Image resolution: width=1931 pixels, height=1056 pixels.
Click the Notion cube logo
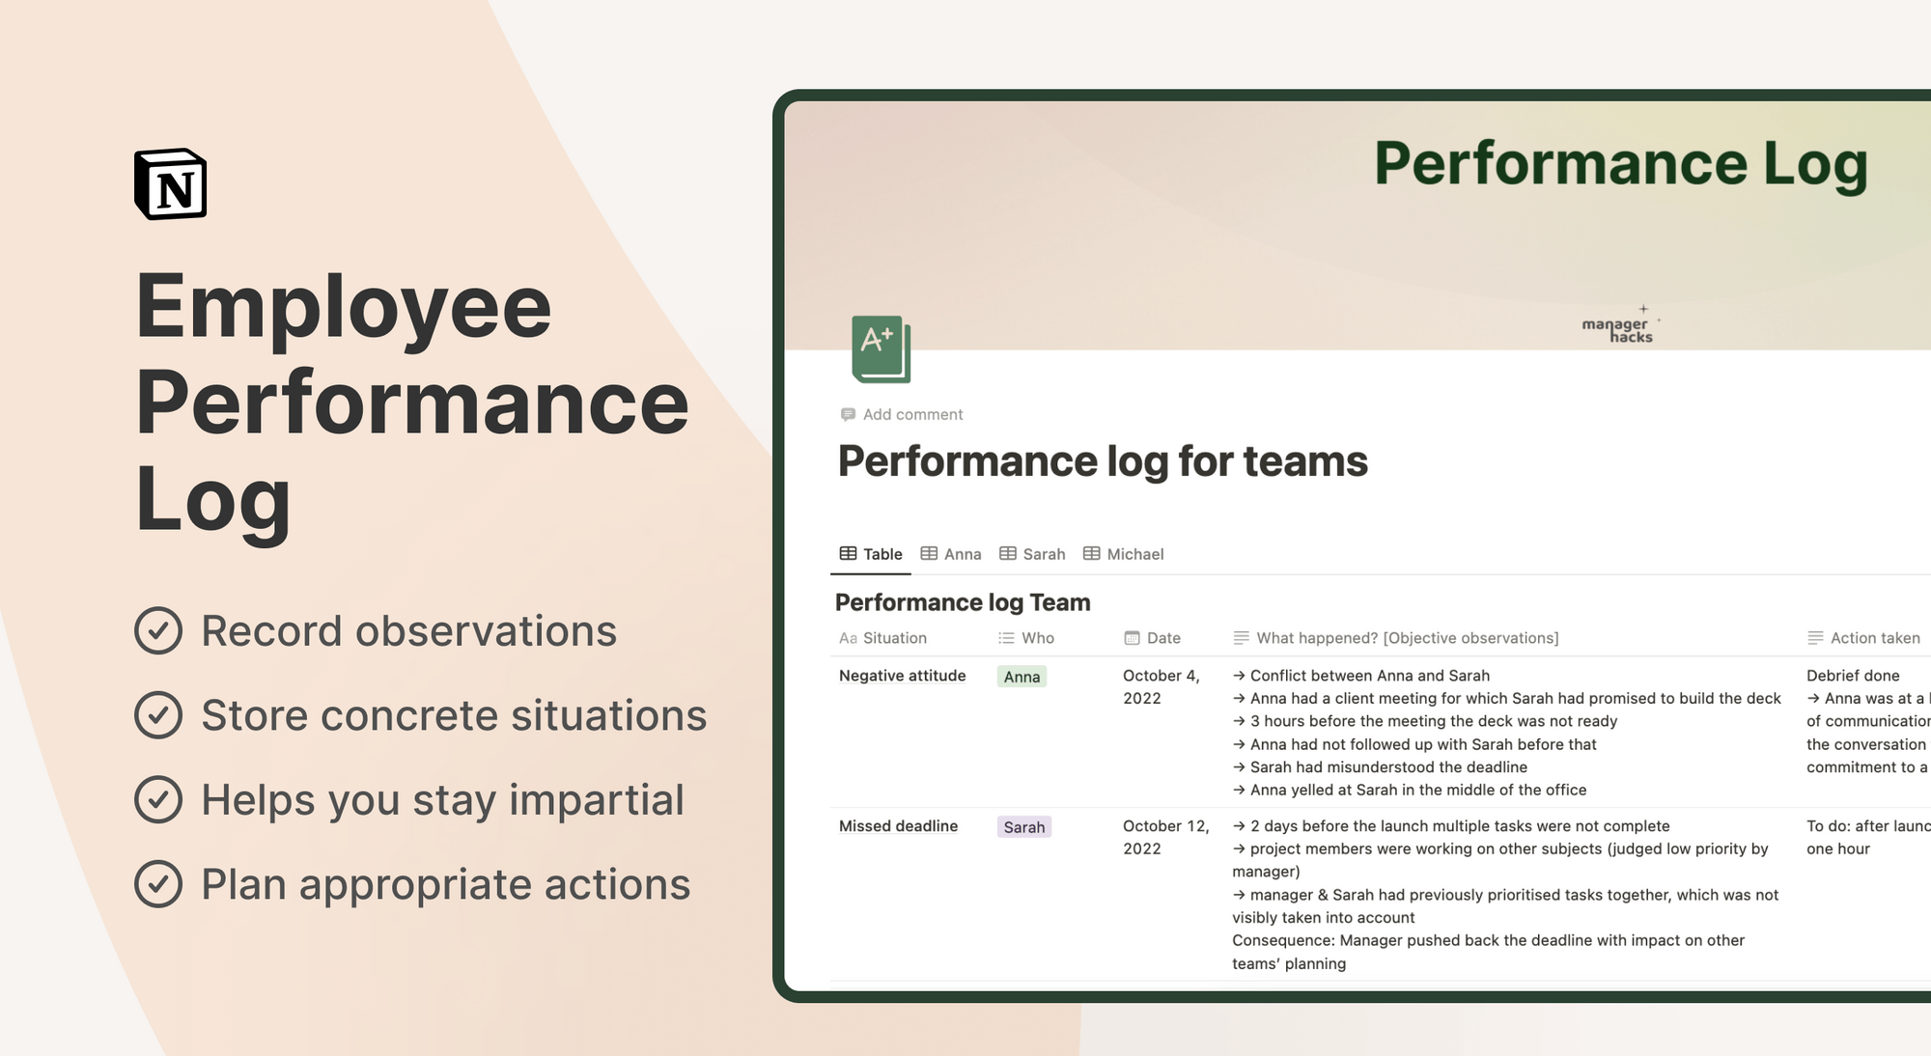coord(171,184)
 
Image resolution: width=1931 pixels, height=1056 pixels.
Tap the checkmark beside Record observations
coord(158,631)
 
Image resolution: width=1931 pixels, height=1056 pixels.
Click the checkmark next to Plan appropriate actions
coord(158,884)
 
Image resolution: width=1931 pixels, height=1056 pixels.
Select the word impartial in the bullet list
coord(596,800)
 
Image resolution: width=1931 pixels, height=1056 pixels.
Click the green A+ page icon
coord(881,348)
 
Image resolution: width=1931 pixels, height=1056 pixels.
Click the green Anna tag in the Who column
coord(1021,677)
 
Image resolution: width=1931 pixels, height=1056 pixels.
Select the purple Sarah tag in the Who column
coord(1023,827)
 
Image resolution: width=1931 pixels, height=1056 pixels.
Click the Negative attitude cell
coord(902,676)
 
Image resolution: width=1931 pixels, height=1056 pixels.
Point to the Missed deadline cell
coord(898,826)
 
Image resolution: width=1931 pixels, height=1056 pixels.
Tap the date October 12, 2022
coord(1165,837)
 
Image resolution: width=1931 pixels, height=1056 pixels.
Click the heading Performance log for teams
coord(1103,461)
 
